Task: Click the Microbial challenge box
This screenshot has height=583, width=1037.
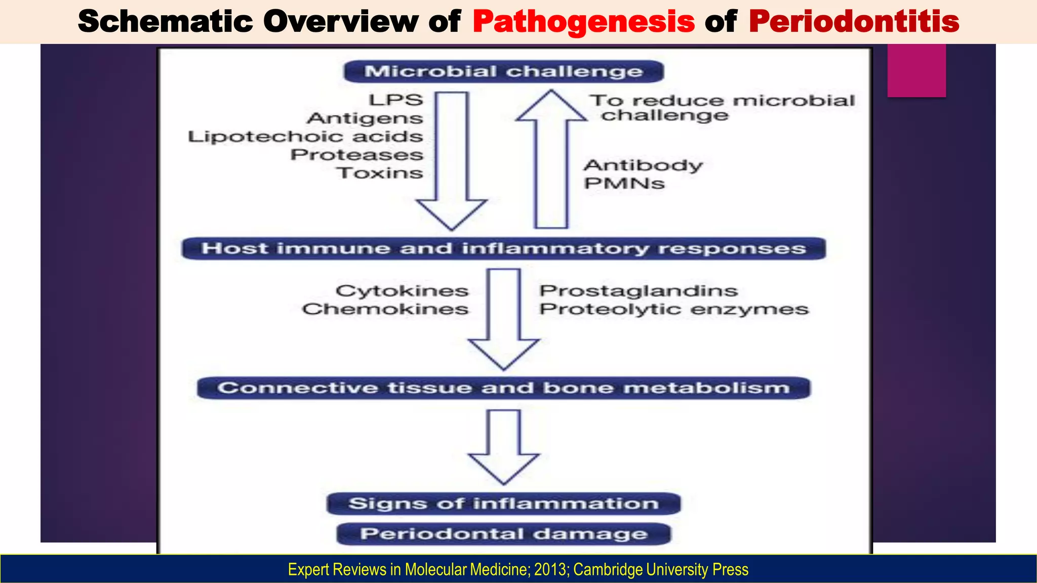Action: tap(503, 71)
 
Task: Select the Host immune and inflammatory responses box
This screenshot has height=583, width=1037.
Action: tap(503, 248)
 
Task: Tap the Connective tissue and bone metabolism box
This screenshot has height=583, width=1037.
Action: tap(503, 388)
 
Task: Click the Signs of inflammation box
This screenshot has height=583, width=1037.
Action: tap(503, 504)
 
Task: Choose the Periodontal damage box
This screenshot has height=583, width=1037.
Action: tap(503, 534)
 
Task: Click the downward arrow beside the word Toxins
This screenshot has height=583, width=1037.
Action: tap(452, 162)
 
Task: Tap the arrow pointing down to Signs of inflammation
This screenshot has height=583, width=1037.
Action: tap(504, 445)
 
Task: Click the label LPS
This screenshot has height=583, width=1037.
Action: tap(396, 100)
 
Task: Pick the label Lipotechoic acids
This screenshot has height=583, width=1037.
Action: tap(305, 137)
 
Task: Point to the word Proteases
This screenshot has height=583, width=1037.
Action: tap(356, 155)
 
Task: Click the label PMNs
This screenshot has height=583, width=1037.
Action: tap(624, 183)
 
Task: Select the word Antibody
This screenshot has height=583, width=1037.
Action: tap(643, 165)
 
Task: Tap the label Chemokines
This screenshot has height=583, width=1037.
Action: tap(385, 309)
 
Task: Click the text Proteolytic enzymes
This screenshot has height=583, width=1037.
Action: tap(673, 309)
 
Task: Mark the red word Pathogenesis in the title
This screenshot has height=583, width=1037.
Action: tap(583, 21)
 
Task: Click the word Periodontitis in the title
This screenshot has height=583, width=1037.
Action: tap(854, 21)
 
